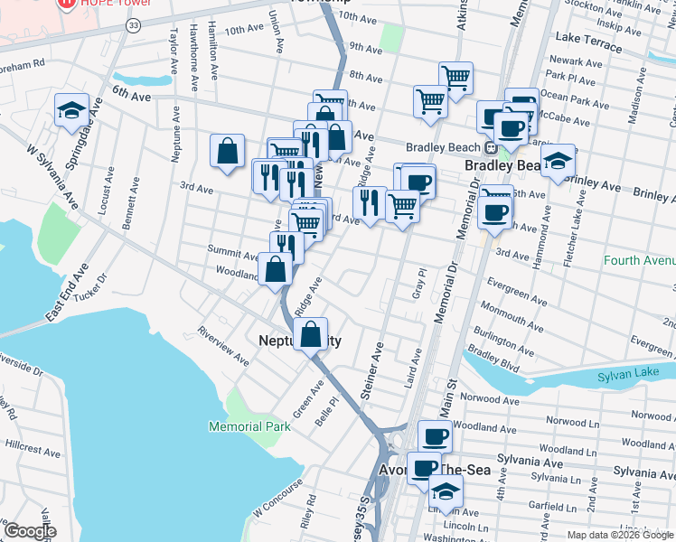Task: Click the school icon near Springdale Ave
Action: pos(71,110)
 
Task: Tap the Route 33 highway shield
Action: pos(134,26)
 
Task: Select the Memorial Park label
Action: pos(249,426)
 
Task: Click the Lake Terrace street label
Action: pos(589,39)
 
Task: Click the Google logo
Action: pos(29,531)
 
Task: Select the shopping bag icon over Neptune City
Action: pos(310,334)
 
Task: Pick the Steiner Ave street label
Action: pos(369,370)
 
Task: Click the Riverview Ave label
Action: pos(223,345)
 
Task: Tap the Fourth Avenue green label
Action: pos(640,262)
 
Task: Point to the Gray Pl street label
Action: pos(418,283)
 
